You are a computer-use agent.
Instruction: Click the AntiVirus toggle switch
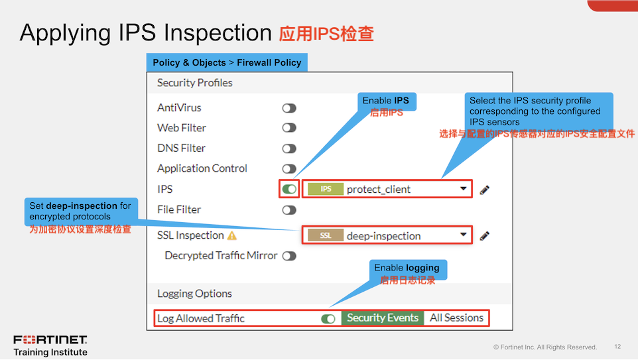coord(289,108)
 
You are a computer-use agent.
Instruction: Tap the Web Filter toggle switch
coord(289,128)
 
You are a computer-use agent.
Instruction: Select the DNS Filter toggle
coord(289,149)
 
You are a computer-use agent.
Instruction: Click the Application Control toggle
coord(289,169)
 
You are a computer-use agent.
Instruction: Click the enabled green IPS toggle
coord(289,190)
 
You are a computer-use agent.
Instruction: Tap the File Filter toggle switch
coord(289,210)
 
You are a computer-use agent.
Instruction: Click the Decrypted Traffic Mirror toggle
coord(289,256)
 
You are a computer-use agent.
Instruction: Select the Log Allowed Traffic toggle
coord(328,319)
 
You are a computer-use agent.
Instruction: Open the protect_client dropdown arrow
coord(464,190)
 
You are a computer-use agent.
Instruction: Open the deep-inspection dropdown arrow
coord(464,235)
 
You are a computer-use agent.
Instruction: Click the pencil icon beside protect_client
coord(485,190)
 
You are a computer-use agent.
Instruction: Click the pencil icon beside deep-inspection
coord(485,235)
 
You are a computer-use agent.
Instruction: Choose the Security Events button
coord(383,318)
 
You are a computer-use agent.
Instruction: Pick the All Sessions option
coord(456,318)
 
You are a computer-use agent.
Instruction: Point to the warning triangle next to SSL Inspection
coord(232,235)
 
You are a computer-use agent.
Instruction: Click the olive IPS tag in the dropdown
coord(326,190)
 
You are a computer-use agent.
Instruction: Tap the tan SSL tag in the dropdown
coord(326,235)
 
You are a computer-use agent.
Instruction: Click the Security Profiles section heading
coord(194,83)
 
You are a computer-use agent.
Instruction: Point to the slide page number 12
coord(617,347)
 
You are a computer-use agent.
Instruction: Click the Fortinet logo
coord(50,340)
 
